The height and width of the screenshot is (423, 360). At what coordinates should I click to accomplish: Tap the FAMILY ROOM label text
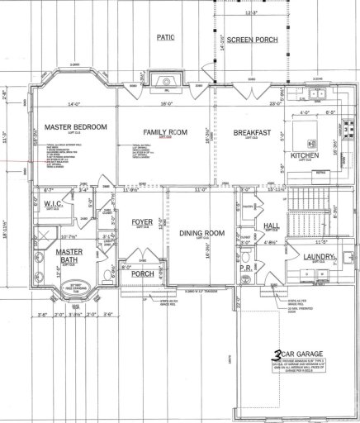(x=165, y=132)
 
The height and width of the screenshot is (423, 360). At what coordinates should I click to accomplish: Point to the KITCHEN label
(x=303, y=154)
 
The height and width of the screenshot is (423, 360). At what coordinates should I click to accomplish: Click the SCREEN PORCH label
(x=251, y=40)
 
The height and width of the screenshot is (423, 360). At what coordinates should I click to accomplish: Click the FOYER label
(x=142, y=222)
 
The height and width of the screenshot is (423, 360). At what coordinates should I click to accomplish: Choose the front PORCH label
(x=142, y=274)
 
